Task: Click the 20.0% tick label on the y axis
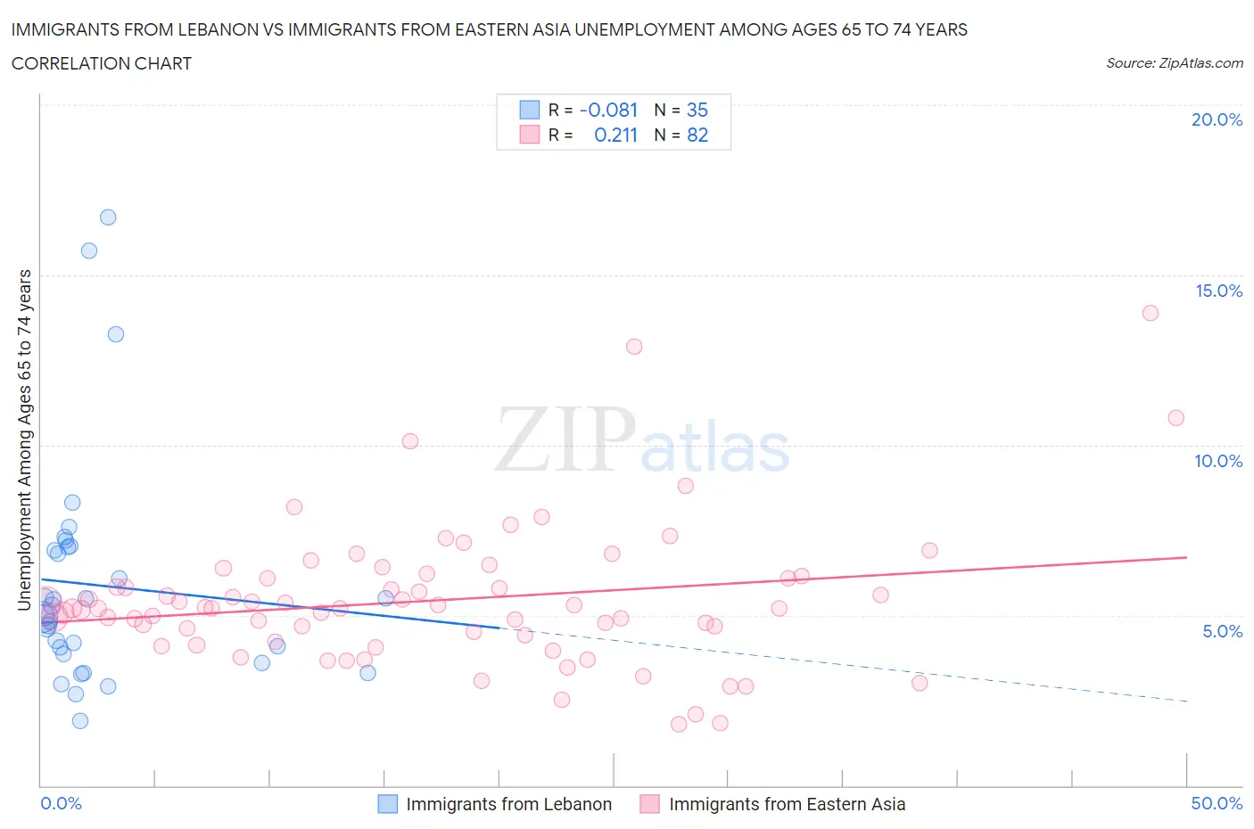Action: pyautogui.click(x=1217, y=119)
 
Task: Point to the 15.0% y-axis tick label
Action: pyautogui.click(x=1218, y=291)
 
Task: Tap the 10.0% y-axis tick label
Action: pyautogui.click(x=1218, y=461)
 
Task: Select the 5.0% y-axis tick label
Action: pyautogui.click(x=1222, y=631)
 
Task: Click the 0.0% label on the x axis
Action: pyautogui.click(x=61, y=803)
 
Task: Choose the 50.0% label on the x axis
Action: pyautogui.click(x=1217, y=803)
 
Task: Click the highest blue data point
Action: pyautogui.click(x=108, y=218)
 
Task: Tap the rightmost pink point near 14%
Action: pyautogui.click(x=1150, y=313)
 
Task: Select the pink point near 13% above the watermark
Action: pyautogui.click(x=634, y=347)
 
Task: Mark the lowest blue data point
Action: pyautogui.click(x=80, y=721)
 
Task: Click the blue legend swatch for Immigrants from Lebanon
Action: pyautogui.click(x=387, y=804)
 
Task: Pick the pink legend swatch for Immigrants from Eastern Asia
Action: pyautogui.click(x=649, y=804)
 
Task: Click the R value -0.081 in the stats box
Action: pyautogui.click(x=608, y=110)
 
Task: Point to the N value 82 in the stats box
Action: pyautogui.click(x=697, y=135)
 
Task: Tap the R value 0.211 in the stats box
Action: pyautogui.click(x=615, y=135)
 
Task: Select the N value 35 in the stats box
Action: pyautogui.click(x=697, y=110)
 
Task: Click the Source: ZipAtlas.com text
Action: pyautogui.click(x=1174, y=63)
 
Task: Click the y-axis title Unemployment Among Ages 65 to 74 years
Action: pyautogui.click(x=25, y=439)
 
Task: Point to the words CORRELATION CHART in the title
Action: pyautogui.click(x=102, y=63)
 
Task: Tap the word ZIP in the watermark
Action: pyautogui.click(x=565, y=439)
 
